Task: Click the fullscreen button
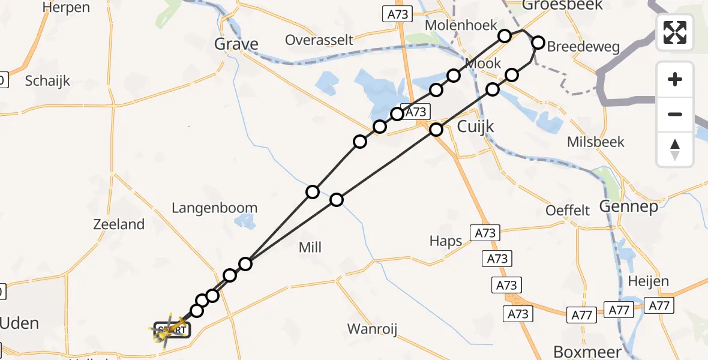pos(675,32)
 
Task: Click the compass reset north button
pos(675,149)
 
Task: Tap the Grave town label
pos(236,44)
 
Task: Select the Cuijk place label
pos(475,127)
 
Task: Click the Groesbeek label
pos(553,5)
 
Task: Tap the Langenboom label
pos(214,208)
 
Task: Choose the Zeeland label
pos(119,224)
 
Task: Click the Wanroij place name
pos(373,329)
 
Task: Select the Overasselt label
pos(319,40)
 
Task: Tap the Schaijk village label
pos(47,81)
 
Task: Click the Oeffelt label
pos(568,211)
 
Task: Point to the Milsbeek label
pos(596,142)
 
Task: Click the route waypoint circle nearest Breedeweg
pos(538,43)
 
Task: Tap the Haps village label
pos(446,241)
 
